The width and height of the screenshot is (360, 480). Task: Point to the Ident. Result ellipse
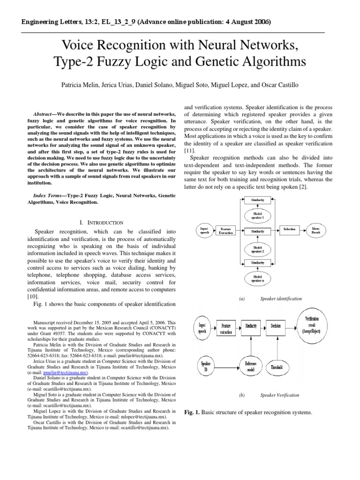[x=316, y=230]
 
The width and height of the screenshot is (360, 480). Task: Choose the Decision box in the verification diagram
[x=276, y=326]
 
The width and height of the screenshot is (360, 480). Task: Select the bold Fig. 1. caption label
[x=192, y=412]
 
